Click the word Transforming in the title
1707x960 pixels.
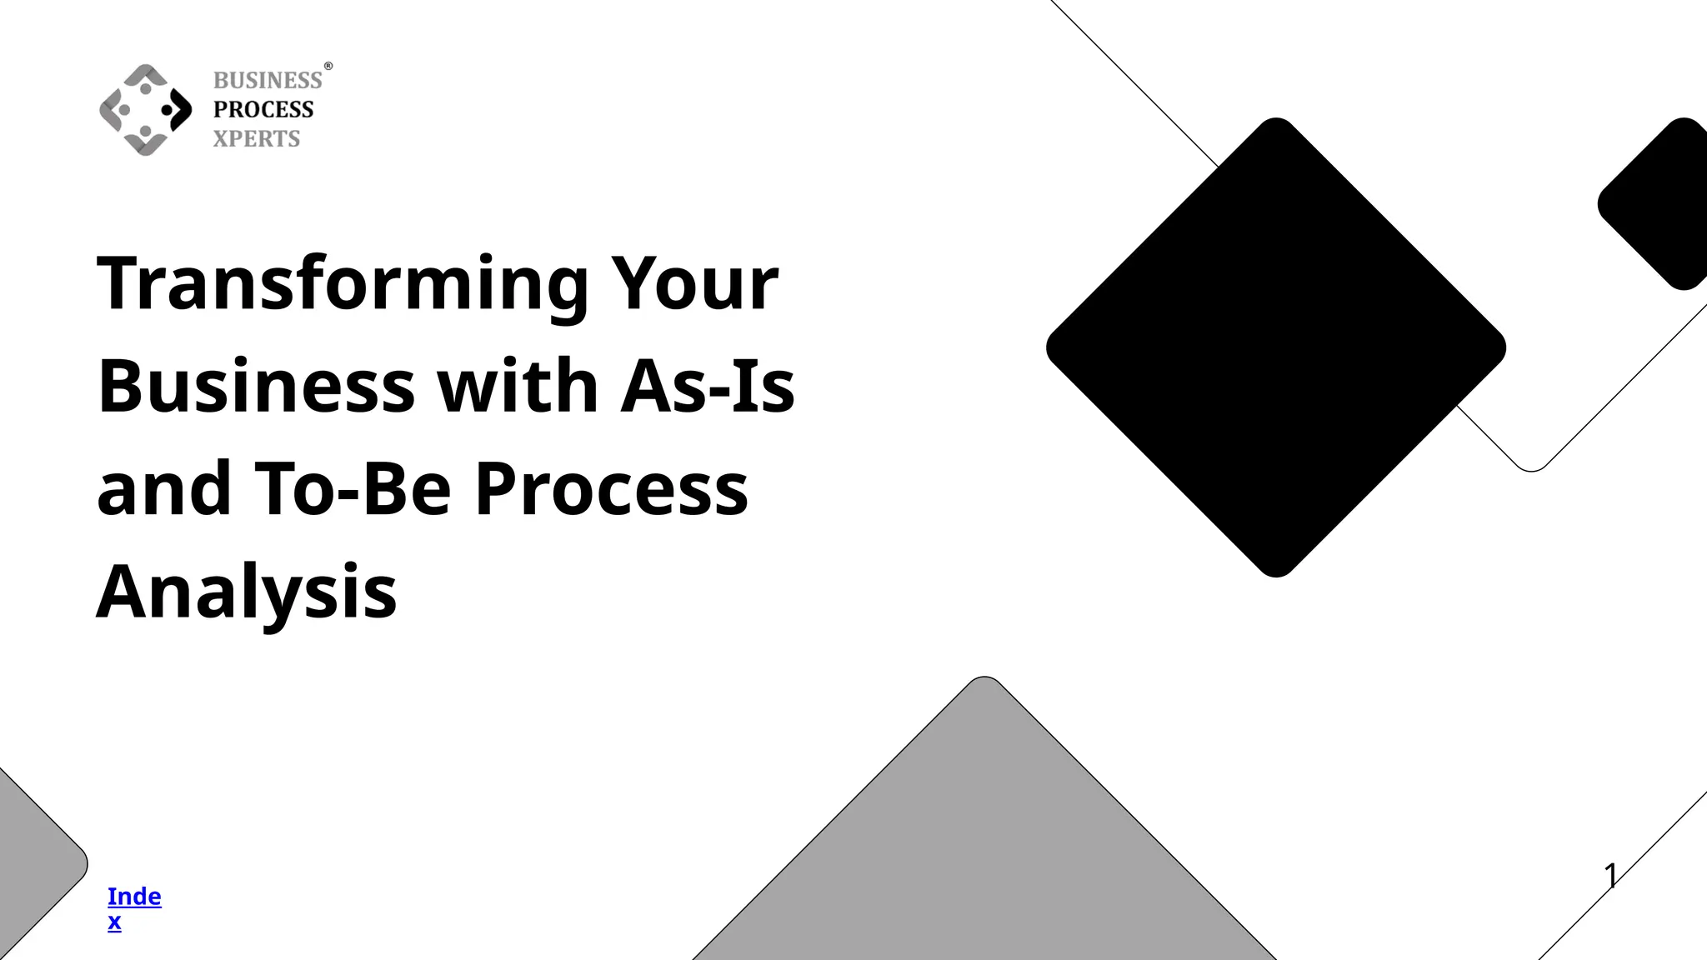(x=342, y=284)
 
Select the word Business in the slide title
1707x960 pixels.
(x=256, y=387)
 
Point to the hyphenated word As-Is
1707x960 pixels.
(x=708, y=387)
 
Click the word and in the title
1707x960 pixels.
(x=163, y=489)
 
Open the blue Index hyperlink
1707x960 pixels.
(x=133, y=907)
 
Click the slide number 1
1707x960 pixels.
(x=1610, y=876)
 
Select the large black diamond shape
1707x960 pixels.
(x=1275, y=347)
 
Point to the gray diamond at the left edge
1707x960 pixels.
(x=33, y=867)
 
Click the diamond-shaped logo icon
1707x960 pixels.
(x=146, y=109)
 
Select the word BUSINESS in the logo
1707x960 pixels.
(x=268, y=81)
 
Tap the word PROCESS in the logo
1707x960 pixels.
(x=263, y=110)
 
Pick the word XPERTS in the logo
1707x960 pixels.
(x=256, y=139)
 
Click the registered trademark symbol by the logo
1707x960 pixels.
(x=328, y=66)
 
